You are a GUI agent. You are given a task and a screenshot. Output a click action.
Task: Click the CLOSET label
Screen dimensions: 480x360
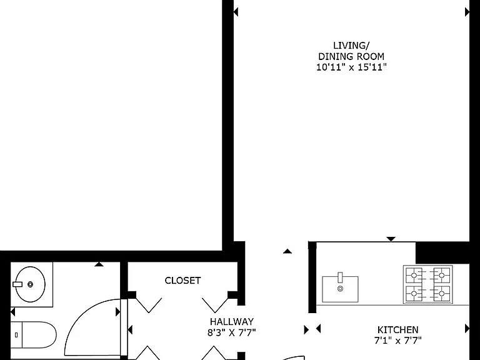pyautogui.click(x=182, y=281)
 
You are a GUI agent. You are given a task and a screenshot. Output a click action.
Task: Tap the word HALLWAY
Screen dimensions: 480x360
pyautogui.click(x=232, y=322)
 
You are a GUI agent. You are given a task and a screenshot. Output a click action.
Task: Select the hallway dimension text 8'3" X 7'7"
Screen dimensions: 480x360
pyautogui.click(x=232, y=332)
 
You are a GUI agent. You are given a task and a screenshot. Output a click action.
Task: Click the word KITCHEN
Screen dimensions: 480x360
pyautogui.click(x=397, y=330)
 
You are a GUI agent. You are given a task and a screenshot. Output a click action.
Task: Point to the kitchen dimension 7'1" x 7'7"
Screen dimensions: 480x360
pyautogui.click(x=397, y=340)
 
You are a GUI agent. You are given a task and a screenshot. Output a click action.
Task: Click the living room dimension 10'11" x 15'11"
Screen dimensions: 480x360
pyautogui.click(x=351, y=67)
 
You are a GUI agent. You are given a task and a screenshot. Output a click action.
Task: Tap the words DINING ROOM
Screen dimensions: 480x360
pyautogui.click(x=351, y=57)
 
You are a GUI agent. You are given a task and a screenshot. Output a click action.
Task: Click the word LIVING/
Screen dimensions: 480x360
pyautogui.click(x=351, y=46)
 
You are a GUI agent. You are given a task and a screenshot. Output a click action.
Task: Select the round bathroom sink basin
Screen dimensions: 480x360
pyautogui.click(x=30, y=284)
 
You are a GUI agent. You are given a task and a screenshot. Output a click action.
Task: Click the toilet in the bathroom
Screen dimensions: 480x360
pyautogui.click(x=33, y=335)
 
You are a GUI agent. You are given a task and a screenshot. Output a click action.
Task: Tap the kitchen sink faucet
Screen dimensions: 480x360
pyautogui.click(x=341, y=277)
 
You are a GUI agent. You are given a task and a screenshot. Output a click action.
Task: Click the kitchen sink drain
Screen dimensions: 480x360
pyautogui.click(x=341, y=288)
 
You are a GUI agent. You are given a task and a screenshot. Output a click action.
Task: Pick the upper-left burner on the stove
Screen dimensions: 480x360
pyautogui.click(x=414, y=275)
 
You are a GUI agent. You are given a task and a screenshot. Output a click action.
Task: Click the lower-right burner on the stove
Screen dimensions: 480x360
pyautogui.click(x=441, y=294)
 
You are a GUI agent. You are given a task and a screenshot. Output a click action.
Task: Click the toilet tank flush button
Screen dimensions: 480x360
pyautogui.click(x=16, y=335)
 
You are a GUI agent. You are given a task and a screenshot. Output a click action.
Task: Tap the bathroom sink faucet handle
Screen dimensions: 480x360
pyautogui.click(x=17, y=284)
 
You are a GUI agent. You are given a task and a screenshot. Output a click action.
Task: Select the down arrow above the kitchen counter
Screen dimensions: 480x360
pyautogui.click(x=391, y=239)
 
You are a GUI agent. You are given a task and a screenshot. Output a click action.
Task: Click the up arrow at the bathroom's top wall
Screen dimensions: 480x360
pyautogui.click(x=99, y=264)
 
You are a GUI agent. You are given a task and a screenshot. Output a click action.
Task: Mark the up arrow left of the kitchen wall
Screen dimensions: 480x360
pyautogui.click(x=287, y=251)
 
